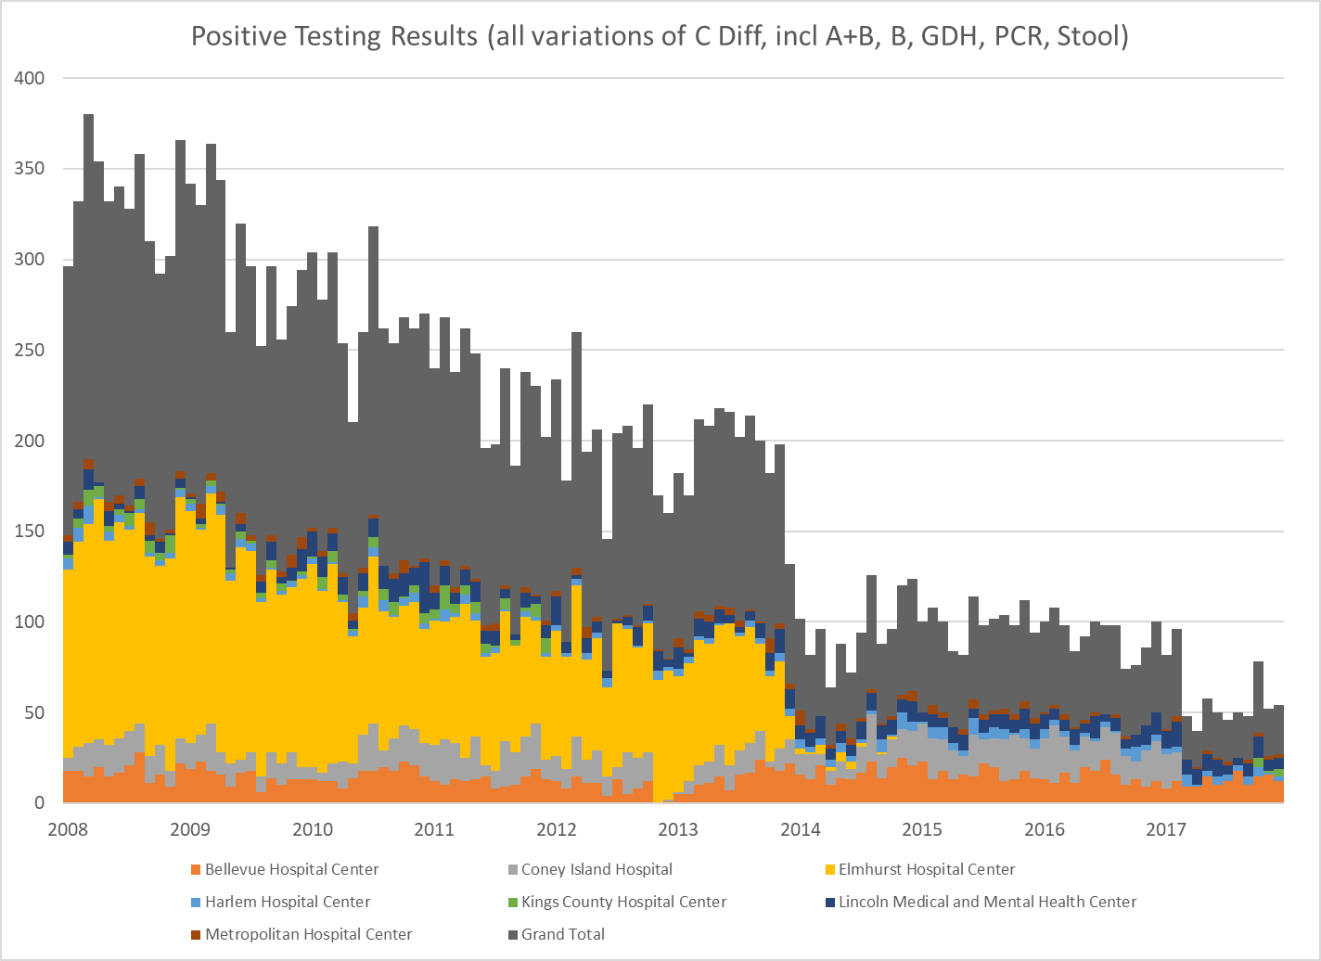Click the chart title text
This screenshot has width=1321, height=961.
(x=660, y=36)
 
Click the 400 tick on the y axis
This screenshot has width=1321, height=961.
(x=31, y=79)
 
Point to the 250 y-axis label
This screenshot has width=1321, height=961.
(x=31, y=351)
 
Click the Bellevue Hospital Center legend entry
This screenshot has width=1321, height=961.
(x=292, y=870)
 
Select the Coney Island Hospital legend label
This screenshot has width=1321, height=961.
(x=596, y=870)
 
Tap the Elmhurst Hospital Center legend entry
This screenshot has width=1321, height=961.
(x=926, y=870)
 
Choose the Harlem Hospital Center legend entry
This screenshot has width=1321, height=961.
(x=288, y=902)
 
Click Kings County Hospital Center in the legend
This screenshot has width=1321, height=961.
(x=623, y=902)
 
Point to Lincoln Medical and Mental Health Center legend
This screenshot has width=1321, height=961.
(x=987, y=902)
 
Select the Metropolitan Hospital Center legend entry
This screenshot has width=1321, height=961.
(x=309, y=934)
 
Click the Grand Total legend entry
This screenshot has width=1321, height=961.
(x=562, y=934)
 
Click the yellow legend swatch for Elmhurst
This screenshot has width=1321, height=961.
(x=829, y=870)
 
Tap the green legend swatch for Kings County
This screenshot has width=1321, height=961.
(x=513, y=902)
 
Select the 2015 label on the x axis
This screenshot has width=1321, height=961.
(x=923, y=828)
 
